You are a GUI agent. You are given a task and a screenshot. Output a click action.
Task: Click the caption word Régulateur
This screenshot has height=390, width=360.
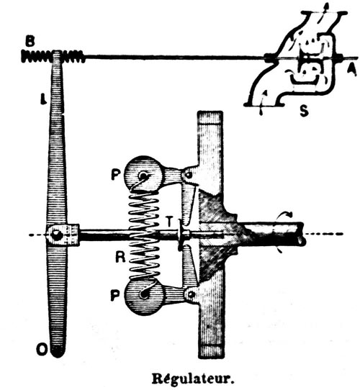[193, 379]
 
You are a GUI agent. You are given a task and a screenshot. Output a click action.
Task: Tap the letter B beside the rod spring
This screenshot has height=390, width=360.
[30, 42]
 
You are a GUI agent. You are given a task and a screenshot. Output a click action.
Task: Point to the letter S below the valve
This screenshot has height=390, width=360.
[304, 110]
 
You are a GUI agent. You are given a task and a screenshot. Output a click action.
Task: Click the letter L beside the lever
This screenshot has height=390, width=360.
[44, 99]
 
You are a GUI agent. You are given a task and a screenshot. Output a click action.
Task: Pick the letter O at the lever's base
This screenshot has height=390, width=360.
[41, 349]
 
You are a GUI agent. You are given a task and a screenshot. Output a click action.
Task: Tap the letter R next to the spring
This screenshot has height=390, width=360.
[120, 257]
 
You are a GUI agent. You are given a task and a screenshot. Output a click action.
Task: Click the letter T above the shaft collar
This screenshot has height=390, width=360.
[169, 222]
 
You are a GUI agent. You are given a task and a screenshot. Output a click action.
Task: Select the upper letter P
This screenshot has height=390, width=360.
[115, 174]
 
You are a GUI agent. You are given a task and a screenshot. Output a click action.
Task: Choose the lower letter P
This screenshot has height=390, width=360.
[115, 296]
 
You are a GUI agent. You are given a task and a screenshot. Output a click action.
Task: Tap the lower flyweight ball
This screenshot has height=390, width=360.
[144, 296]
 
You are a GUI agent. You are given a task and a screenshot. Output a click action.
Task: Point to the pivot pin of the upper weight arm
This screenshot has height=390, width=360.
[189, 175]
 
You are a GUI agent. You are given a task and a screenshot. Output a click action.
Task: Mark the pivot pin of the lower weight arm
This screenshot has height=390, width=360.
[191, 294]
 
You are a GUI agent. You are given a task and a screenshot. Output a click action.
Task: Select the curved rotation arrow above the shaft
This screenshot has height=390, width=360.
[287, 214]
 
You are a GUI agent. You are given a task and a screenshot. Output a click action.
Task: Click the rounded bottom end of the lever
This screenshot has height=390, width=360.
[58, 351]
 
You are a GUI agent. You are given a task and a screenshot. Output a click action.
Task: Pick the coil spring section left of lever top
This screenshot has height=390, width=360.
[37, 56]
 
